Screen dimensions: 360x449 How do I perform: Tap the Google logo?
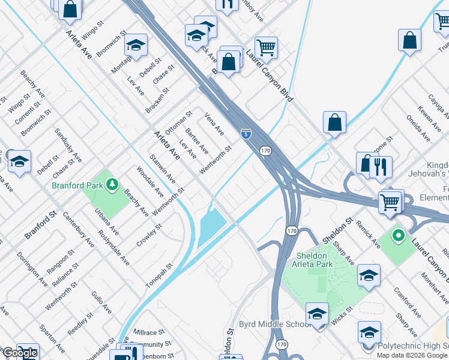coord(19,353)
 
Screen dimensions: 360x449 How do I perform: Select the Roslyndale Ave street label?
coord(113,248)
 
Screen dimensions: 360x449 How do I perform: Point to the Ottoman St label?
coord(178,121)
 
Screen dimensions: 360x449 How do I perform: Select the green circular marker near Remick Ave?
coord(397,235)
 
